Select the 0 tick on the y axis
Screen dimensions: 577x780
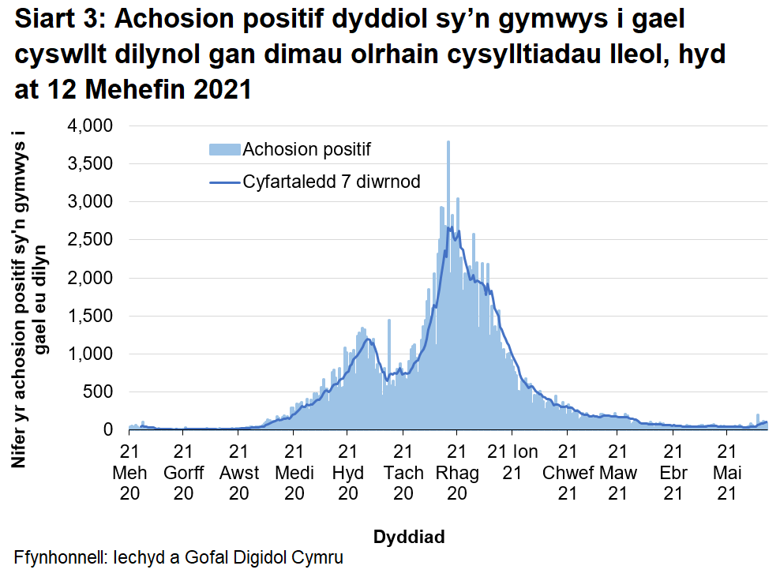tap(110, 429)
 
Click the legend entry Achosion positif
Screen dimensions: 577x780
tap(306, 149)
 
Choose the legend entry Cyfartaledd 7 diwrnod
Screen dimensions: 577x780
tap(331, 182)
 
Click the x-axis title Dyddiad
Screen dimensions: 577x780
tap(408, 538)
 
